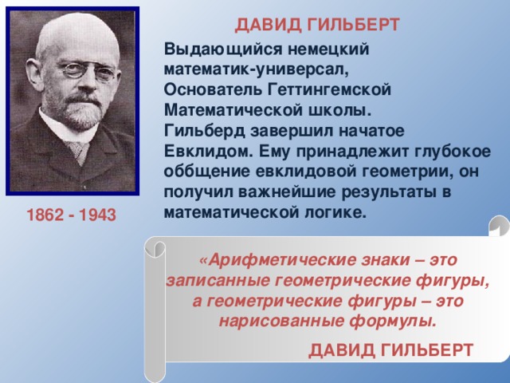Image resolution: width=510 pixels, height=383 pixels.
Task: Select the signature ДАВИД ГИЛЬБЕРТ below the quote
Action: pyautogui.click(x=391, y=349)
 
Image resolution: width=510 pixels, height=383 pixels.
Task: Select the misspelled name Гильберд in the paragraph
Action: pyautogui.click(x=198, y=131)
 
